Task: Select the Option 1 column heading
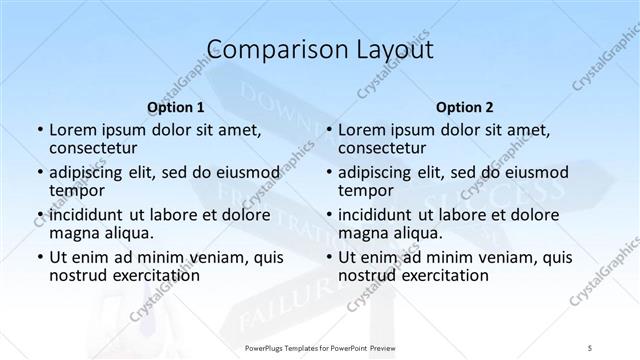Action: click(x=176, y=106)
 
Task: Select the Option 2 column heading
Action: click(x=463, y=106)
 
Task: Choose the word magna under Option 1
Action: click(x=75, y=233)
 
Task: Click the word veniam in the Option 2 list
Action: click(x=480, y=257)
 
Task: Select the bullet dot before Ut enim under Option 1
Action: click(x=39, y=258)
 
